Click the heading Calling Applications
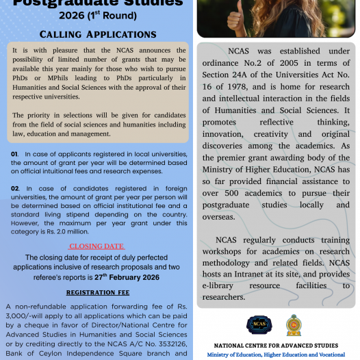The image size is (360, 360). click(x=98, y=34)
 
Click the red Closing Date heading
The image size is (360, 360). click(x=97, y=246)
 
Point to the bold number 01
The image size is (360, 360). click(x=14, y=154)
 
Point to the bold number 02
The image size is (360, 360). click(x=14, y=188)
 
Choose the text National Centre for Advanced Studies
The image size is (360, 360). click(x=276, y=346)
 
